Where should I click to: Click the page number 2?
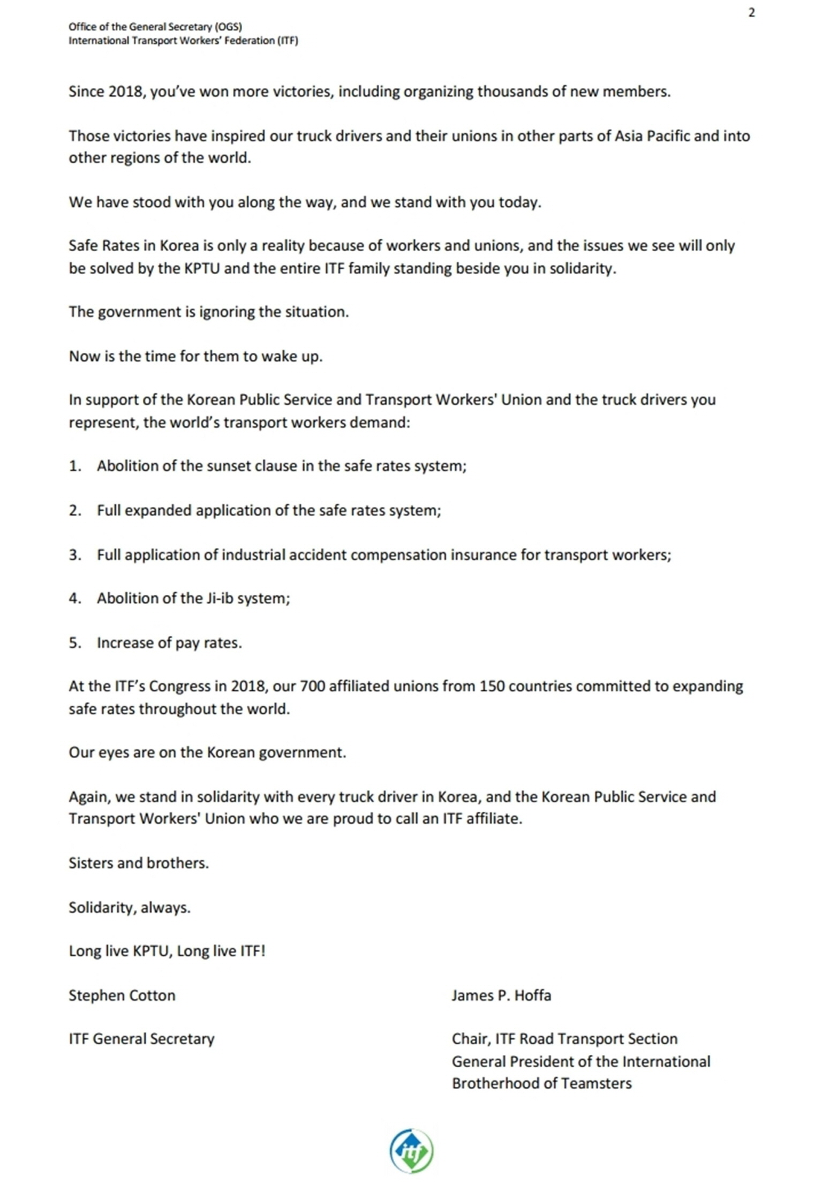751,13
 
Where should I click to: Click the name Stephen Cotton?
122,995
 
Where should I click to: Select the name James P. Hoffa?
501,995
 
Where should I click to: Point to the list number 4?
74,598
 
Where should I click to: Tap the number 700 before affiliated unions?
312,686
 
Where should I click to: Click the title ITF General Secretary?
141,1039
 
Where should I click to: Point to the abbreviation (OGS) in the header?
228,27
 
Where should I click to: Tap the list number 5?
74,643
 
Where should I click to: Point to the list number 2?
74,510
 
